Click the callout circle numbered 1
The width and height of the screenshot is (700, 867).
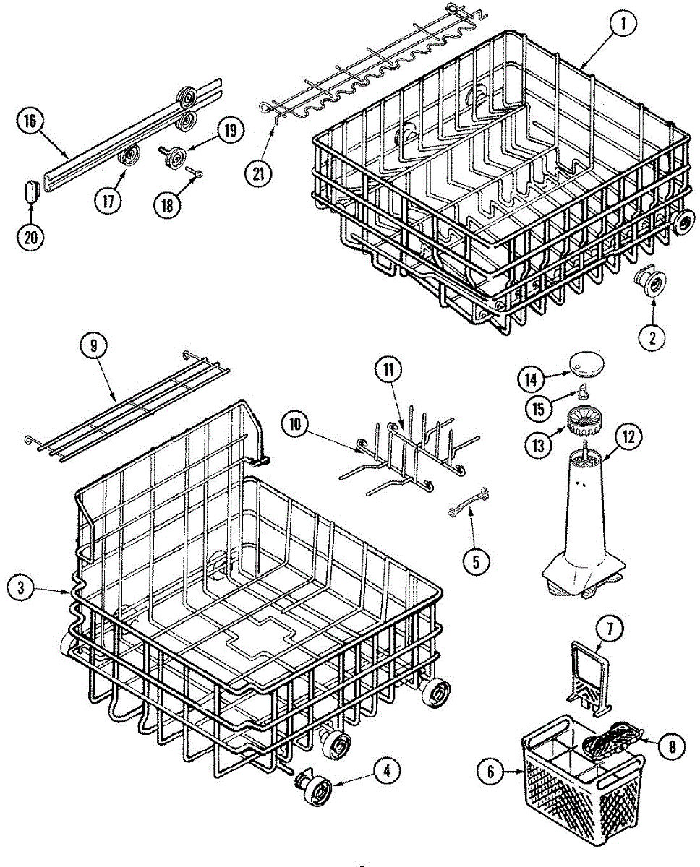623,25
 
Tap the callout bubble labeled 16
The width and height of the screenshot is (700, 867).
30,121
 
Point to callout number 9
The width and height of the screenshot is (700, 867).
93,346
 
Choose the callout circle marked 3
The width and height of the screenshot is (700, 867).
22,588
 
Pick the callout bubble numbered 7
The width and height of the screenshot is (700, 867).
609,629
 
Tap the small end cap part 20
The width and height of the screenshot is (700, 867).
30,194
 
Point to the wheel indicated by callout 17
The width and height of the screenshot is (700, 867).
131,155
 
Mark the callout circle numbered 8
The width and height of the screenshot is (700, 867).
673,747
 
